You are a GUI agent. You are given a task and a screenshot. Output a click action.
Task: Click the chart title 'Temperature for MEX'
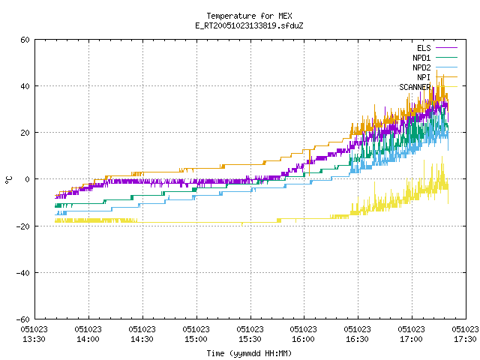[249, 16]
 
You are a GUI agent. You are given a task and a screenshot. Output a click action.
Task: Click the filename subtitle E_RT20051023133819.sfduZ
[249, 25]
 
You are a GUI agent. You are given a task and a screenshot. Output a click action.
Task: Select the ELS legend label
[424, 48]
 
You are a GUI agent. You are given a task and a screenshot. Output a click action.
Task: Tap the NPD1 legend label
[421, 58]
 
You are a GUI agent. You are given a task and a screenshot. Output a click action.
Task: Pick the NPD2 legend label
[421, 67]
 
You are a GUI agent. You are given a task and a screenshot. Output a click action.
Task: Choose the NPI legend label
[424, 77]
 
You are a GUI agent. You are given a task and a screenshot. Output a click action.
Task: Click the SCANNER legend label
[415, 87]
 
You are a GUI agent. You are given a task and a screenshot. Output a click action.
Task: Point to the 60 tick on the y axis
[25, 40]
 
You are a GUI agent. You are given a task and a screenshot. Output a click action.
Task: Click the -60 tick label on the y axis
[23, 319]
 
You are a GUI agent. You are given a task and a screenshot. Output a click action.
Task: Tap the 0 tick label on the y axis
[28, 179]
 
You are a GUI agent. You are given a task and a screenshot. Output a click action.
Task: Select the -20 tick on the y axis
[23, 226]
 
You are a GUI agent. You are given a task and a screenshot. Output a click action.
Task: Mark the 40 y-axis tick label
[25, 86]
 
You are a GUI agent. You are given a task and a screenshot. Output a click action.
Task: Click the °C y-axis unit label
[8, 180]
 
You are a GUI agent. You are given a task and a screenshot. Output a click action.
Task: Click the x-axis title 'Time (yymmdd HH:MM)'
[249, 353]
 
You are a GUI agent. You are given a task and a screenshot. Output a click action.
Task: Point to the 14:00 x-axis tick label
[88, 334]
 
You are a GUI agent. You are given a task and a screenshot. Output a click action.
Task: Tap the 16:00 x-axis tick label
[303, 334]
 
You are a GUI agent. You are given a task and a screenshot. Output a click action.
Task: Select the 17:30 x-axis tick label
[465, 334]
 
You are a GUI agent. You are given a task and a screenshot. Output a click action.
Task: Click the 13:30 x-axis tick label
[34, 334]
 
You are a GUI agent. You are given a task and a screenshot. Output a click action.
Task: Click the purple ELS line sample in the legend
[446, 48]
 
